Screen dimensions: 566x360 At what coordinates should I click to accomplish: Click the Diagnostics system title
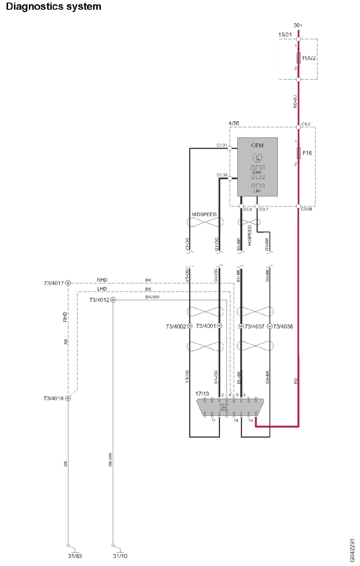(x=53, y=7)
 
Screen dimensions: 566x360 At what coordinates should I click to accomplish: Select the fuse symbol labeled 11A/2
(x=299, y=58)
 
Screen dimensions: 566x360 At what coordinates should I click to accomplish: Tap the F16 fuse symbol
(x=299, y=153)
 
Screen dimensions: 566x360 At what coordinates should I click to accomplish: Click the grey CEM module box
(x=257, y=167)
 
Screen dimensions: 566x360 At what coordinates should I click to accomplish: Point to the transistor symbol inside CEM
(x=257, y=157)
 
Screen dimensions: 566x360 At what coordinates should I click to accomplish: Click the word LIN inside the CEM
(x=257, y=191)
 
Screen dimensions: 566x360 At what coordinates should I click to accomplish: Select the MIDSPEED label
(x=204, y=214)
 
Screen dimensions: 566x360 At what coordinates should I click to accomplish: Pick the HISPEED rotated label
(x=250, y=235)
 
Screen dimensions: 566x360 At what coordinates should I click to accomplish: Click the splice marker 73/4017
(x=68, y=283)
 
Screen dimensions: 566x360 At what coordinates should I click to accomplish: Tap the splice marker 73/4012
(x=113, y=300)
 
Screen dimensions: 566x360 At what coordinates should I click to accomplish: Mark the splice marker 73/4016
(x=68, y=398)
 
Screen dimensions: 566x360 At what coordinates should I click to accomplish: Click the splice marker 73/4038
(x=270, y=326)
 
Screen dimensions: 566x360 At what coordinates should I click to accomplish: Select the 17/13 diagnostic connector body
(x=230, y=407)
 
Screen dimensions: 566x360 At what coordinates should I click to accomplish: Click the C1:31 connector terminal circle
(x=230, y=148)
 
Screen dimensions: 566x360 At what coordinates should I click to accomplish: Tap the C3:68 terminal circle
(x=299, y=206)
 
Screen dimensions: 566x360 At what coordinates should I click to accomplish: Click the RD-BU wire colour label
(x=295, y=101)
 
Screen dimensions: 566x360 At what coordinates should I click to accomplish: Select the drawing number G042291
(x=352, y=550)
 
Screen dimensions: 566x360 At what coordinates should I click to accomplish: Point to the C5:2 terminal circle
(x=299, y=127)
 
